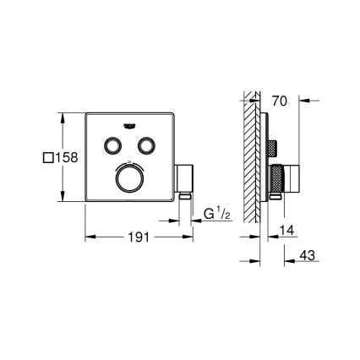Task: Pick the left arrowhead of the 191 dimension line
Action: click(89, 237)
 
